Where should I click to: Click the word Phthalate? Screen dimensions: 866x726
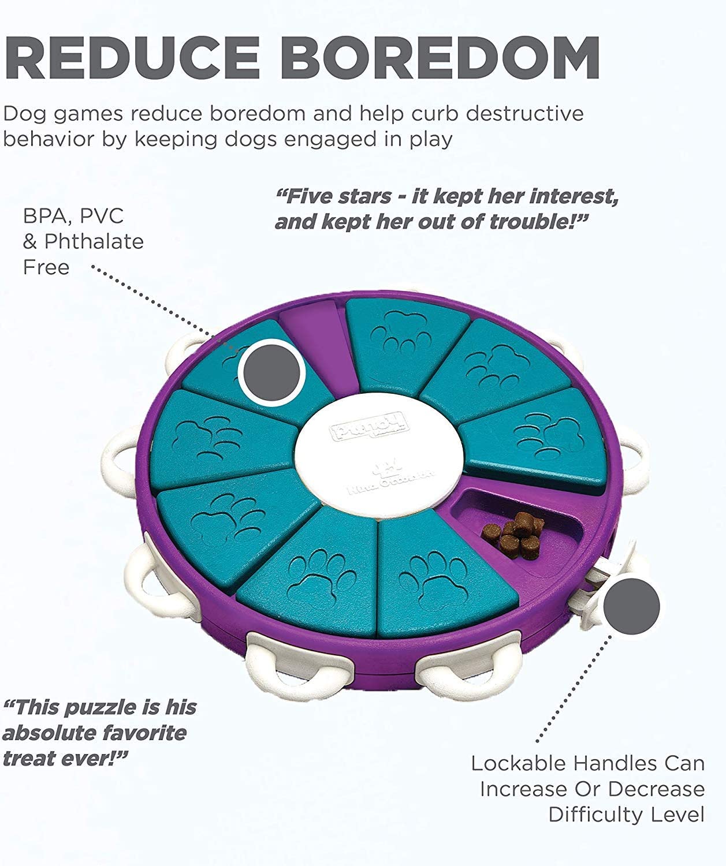click(x=94, y=241)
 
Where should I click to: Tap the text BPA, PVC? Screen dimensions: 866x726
click(x=73, y=216)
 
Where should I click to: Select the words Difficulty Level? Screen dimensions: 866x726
click(x=626, y=815)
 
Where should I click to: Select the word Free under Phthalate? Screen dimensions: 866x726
click(x=46, y=267)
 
